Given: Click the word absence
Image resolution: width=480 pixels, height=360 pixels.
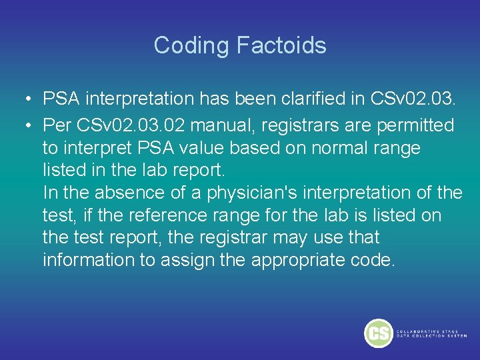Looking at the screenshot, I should (x=129, y=193).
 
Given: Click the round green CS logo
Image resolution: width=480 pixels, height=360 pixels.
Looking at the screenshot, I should (x=378, y=333).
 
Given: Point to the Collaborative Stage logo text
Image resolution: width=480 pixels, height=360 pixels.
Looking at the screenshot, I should (x=431, y=333).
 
